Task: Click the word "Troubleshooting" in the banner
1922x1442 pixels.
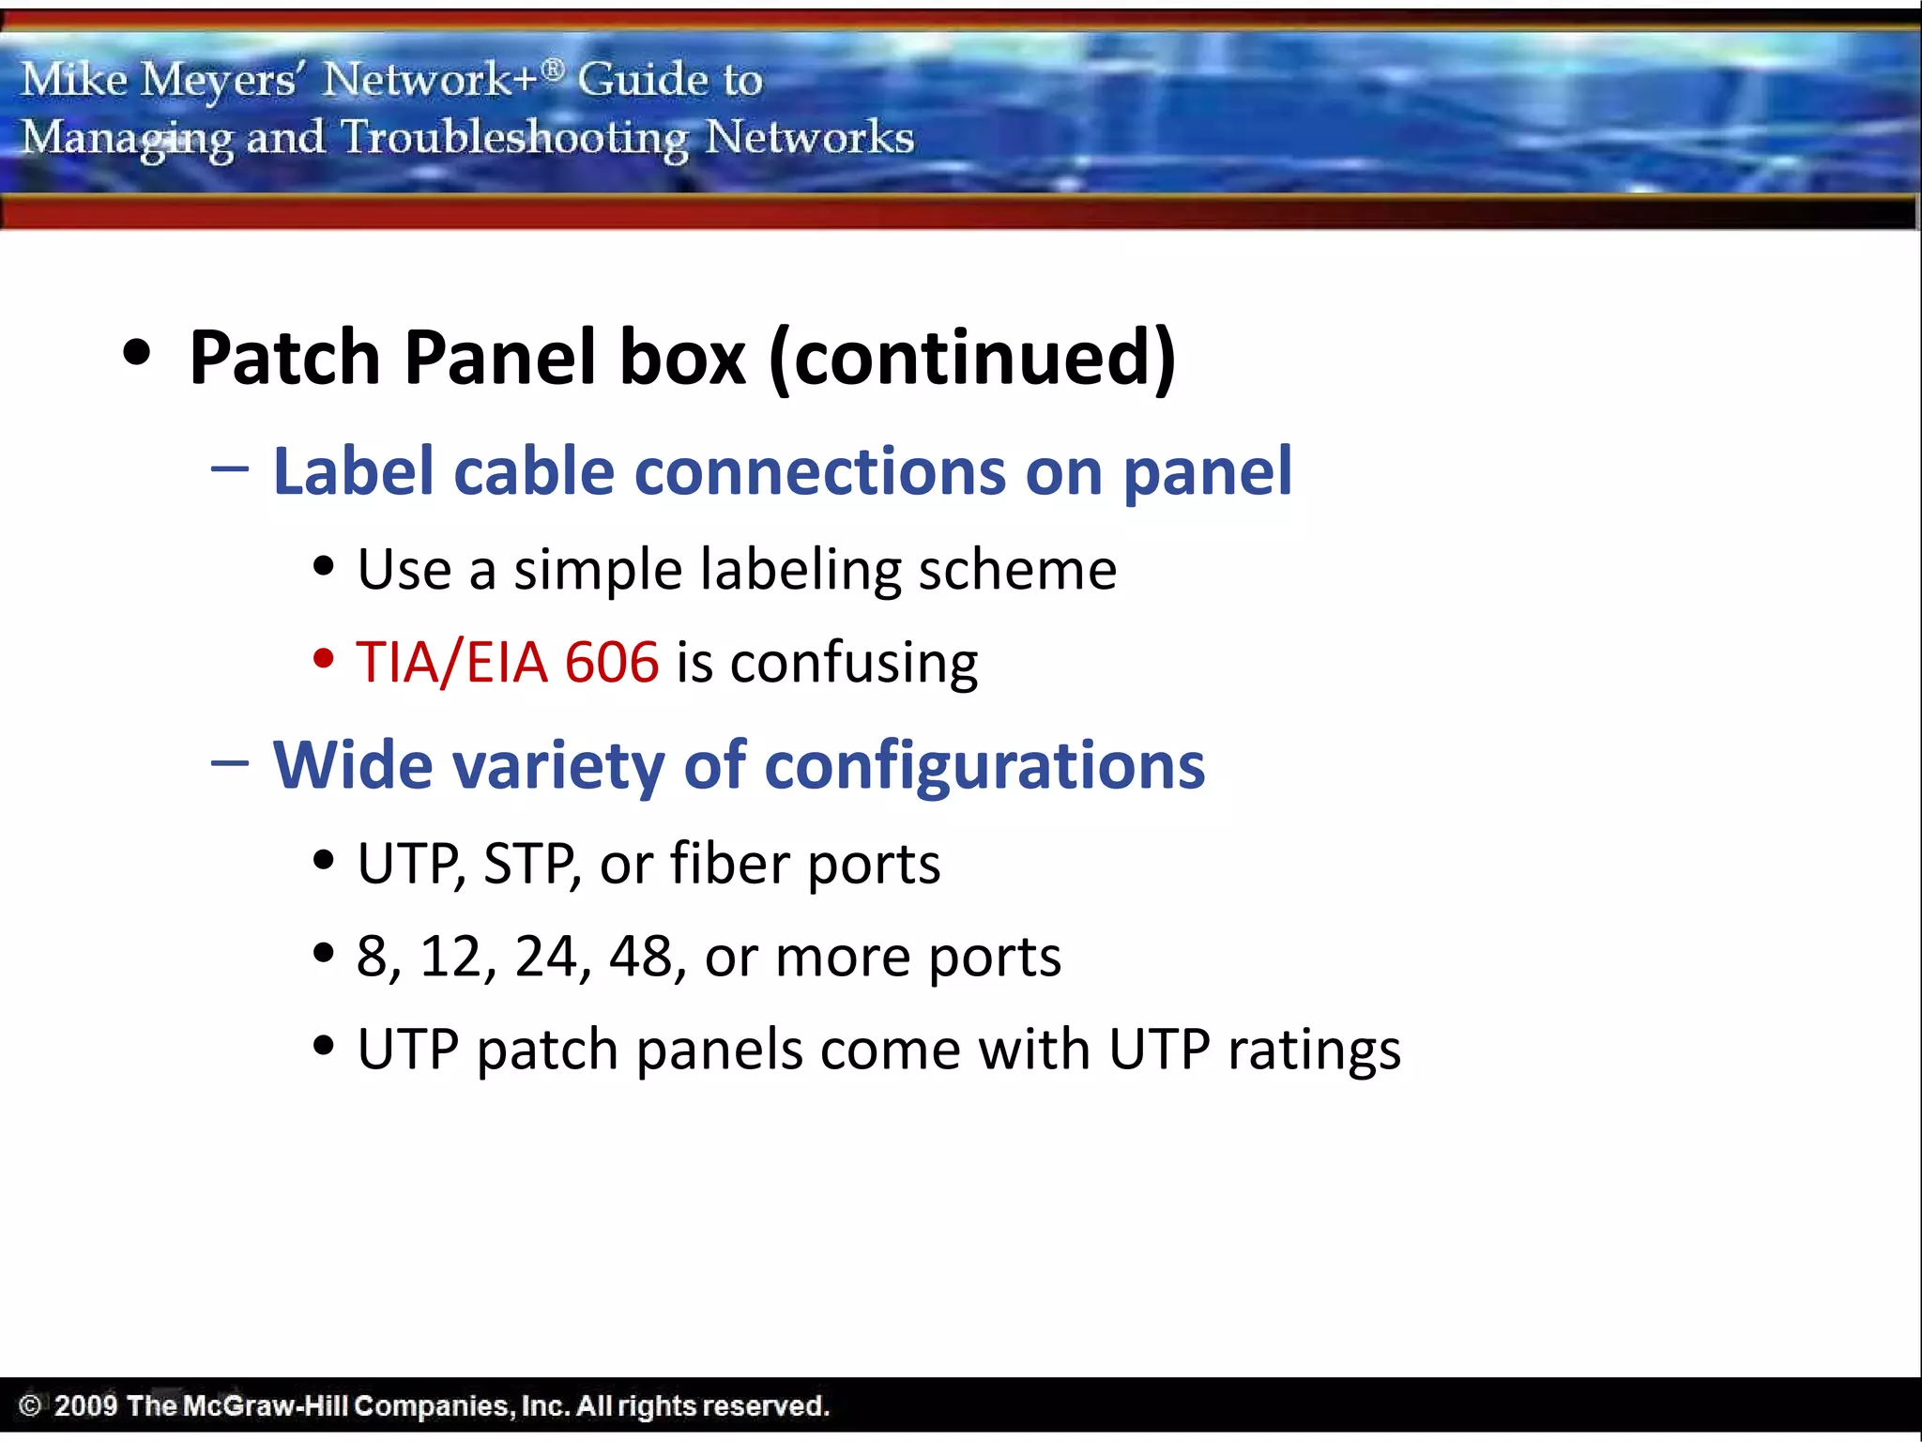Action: tap(514, 138)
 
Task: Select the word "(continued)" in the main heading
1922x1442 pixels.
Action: tap(972, 358)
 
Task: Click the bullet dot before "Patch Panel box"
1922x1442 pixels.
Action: tap(137, 354)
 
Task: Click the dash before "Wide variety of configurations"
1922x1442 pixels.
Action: tap(230, 762)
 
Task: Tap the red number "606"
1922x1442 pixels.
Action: tap(612, 662)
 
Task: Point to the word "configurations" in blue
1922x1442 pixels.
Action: tap(984, 766)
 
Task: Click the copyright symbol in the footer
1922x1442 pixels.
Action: tap(30, 1405)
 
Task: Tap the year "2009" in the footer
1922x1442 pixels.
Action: tap(85, 1405)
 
